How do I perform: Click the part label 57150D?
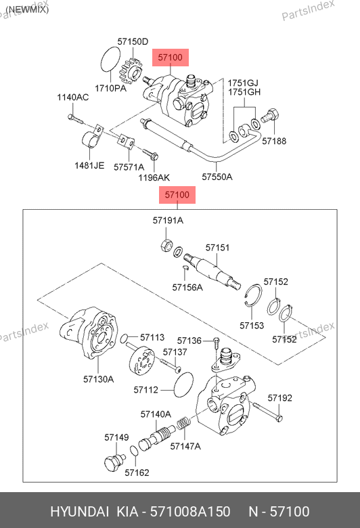[133, 41]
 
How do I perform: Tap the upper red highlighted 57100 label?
[171, 58]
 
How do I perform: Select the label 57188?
[274, 141]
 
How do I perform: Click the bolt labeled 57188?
[271, 116]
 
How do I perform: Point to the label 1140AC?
[72, 97]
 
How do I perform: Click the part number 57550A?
[217, 177]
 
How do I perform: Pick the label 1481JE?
[89, 165]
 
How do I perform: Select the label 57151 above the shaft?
[217, 248]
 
